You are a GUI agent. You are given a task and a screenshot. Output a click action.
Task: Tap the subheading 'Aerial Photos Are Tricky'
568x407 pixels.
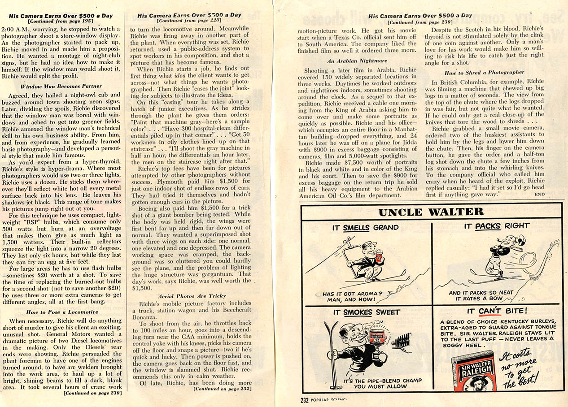[x=191, y=296]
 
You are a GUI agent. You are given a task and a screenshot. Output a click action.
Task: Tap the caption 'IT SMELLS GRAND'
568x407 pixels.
[x=365, y=227]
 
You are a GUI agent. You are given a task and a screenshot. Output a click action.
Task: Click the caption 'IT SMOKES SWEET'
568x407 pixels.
[x=366, y=312]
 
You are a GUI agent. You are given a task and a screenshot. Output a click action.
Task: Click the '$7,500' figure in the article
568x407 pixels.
[x=345, y=163]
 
